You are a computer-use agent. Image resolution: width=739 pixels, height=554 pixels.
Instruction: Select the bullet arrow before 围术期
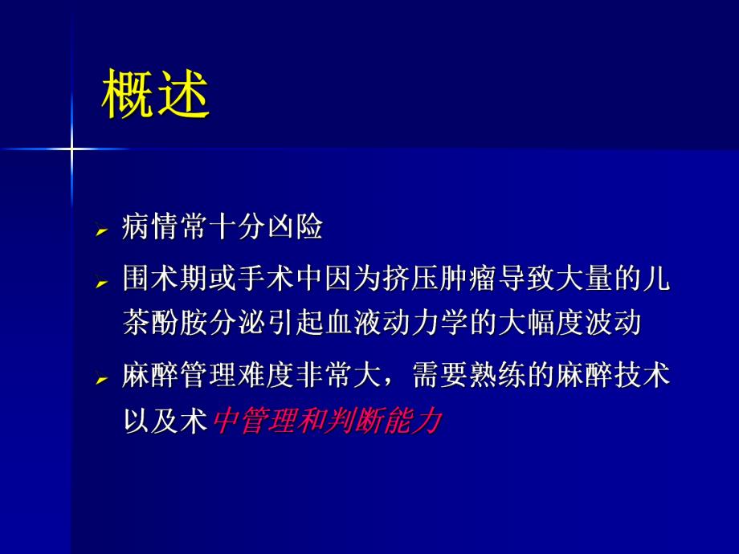[x=101, y=283]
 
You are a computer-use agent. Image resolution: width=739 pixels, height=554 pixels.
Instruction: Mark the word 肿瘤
[x=472, y=279]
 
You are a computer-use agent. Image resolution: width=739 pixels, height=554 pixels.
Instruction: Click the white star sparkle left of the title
[x=71, y=149]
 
